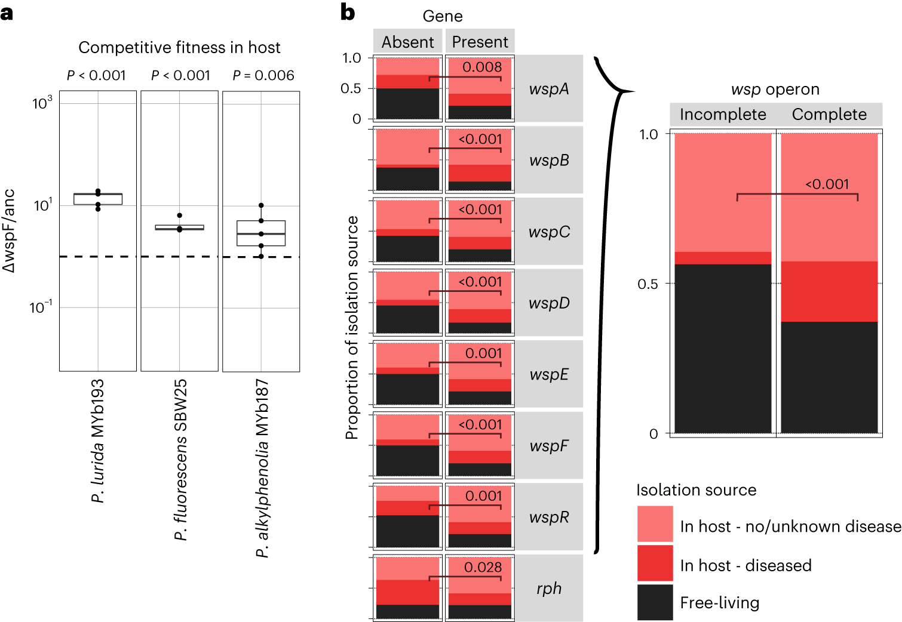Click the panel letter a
point(7,12)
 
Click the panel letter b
point(348,12)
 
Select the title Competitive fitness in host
point(179,48)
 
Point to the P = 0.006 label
point(263,76)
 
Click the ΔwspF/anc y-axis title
point(10,231)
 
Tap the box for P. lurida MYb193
point(98,199)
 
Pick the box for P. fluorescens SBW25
point(179,227)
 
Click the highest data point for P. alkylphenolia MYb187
point(261,206)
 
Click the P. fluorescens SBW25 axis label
point(180,460)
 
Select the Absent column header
point(407,42)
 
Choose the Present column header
point(480,42)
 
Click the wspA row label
point(548,89)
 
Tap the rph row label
point(548,589)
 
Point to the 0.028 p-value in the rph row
point(483,568)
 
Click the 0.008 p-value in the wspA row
point(482,67)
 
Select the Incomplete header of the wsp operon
point(723,115)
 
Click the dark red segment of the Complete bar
point(829,291)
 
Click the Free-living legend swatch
point(655,602)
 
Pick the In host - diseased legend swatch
point(655,563)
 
